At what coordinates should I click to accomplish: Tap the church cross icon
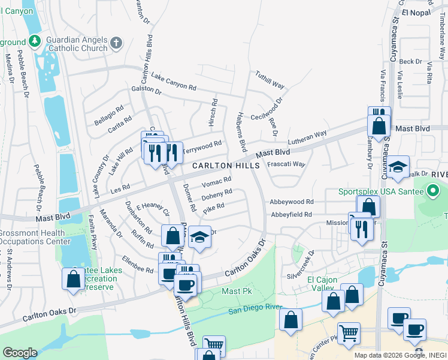[116, 43]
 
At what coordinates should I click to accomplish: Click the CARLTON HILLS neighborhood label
[226, 166]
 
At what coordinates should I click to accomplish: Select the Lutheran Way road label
[307, 137]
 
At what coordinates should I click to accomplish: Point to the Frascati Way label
[286, 164]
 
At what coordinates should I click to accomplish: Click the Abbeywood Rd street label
[292, 202]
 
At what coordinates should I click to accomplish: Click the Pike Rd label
[213, 208]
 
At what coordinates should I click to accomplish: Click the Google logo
[20, 353]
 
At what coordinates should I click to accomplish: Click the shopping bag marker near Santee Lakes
[73, 279]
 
